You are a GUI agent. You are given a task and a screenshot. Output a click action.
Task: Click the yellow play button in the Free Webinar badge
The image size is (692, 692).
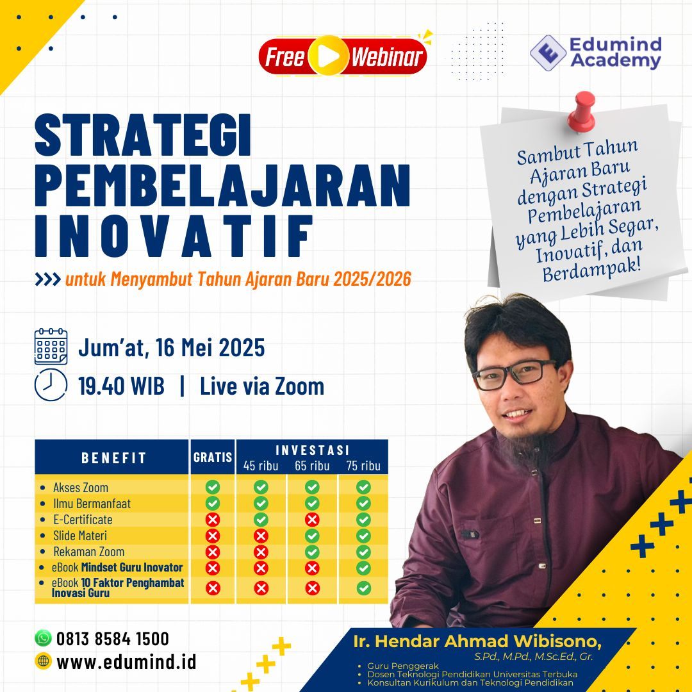click(x=328, y=56)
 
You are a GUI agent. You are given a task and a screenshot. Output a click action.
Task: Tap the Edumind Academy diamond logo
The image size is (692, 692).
click(x=548, y=53)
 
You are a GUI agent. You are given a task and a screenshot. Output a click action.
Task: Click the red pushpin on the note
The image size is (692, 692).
click(x=582, y=111)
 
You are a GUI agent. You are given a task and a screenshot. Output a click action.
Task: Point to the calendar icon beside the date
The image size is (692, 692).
click(x=51, y=347)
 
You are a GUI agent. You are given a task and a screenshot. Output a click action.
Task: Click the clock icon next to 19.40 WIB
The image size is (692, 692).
click(x=51, y=385)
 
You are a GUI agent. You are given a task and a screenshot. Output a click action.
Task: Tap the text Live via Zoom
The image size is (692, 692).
click(x=262, y=386)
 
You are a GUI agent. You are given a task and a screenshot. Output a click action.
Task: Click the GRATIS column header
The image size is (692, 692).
click(x=213, y=457)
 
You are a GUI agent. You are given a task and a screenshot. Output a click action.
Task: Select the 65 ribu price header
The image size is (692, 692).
click(x=312, y=466)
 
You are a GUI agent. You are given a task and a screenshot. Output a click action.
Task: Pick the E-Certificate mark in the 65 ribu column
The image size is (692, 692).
click(x=312, y=520)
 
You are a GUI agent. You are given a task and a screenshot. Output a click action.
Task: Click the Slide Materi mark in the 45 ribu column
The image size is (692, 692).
click(x=261, y=536)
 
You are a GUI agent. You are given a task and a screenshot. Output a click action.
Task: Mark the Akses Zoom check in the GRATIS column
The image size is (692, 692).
click(x=213, y=487)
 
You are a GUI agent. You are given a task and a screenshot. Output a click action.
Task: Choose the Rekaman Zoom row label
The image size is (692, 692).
click(x=88, y=552)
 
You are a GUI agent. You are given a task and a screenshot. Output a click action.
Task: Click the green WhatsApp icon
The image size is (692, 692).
click(x=43, y=638)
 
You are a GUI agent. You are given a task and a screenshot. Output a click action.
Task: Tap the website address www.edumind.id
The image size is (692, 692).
click(x=126, y=662)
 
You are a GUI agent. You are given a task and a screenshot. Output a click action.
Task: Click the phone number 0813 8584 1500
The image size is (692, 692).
click(x=113, y=639)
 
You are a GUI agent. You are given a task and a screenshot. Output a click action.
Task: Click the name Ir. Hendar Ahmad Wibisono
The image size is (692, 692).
click(x=477, y=641)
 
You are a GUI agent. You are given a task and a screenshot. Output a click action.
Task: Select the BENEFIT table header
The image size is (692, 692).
click(x=113, y=457)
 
